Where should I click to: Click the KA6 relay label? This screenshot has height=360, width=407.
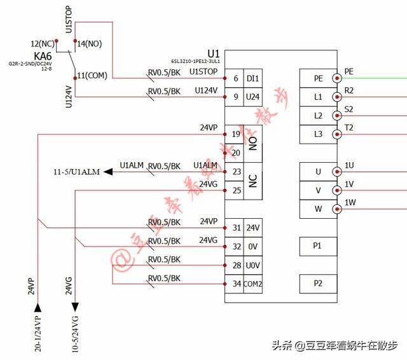pyautogui.click(x=43, y=56)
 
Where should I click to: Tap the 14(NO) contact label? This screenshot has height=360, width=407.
pyautogui.click(x=90, y=44)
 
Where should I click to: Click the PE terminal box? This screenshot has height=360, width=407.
pyautogui.click(x=318, y=78)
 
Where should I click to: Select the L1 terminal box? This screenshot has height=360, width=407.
pyautogui.click(x=318, y=97)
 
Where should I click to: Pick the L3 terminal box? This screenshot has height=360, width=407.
pyautogui.click(x=318, y=134)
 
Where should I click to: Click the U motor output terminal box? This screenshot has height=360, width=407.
pyautogui.click(x=318, y=171)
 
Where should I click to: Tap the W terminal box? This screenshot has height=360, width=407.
pyautogui.click(x=318, y=209)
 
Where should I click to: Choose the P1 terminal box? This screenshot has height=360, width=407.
pyautogui.click(x=318, y=246)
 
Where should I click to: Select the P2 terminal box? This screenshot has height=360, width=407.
pyautogui.click(x=318, y=283)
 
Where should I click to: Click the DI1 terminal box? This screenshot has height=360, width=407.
pyautogui.click(x=252, y=78)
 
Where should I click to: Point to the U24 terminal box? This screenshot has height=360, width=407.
pyautogui.click(x=252, y=97)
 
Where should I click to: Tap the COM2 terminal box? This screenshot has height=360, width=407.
pyautogui.click(x=252, y=283)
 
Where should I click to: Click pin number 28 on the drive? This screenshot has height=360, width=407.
pyautogui.click(x=236, y=265)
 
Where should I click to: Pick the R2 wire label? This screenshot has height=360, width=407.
pyautogui.click(x=349, y=91)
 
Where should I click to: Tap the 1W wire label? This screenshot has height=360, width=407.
pyautogui.click(x=350, y=203)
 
